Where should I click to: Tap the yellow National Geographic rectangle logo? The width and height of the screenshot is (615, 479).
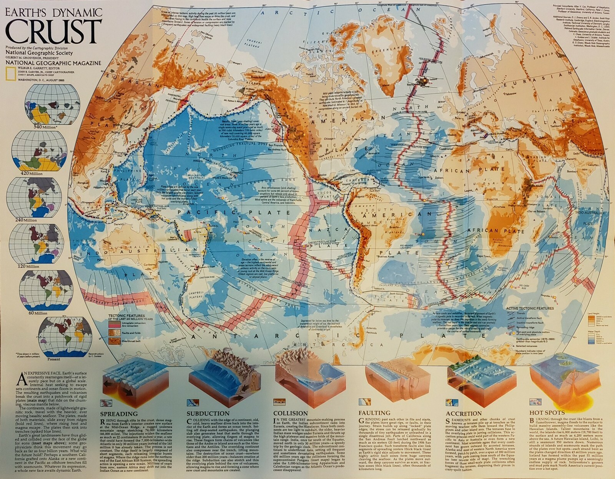(x=11, y=73)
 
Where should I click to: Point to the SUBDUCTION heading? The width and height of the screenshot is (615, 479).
(x=208, y=414)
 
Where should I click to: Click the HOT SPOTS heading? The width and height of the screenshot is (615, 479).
(x=547, y=413)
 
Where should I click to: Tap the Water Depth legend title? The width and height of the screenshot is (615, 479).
(x=594, y=330)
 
